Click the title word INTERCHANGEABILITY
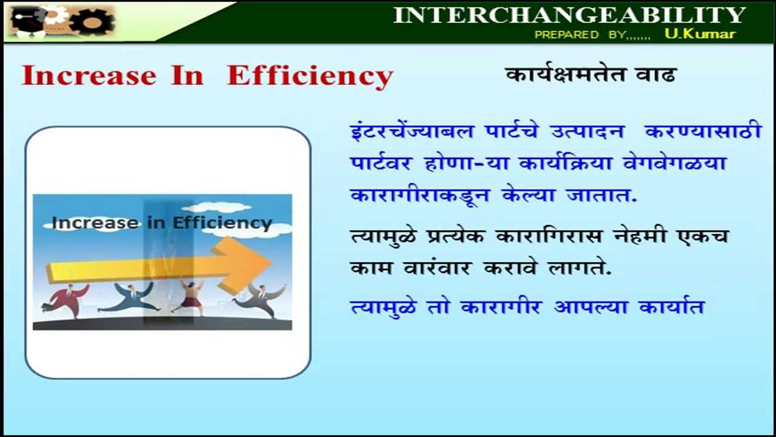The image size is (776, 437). (x=569, y=15)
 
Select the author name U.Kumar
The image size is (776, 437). (x=700, y=34)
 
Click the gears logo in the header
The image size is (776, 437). (x=91, y=21)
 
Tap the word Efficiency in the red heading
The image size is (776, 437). (x=310, y=76)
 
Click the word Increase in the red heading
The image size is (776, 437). (x=89, y=76)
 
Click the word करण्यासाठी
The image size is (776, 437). (x=703, y=131)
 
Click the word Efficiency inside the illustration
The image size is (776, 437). (x=222, y=223)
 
